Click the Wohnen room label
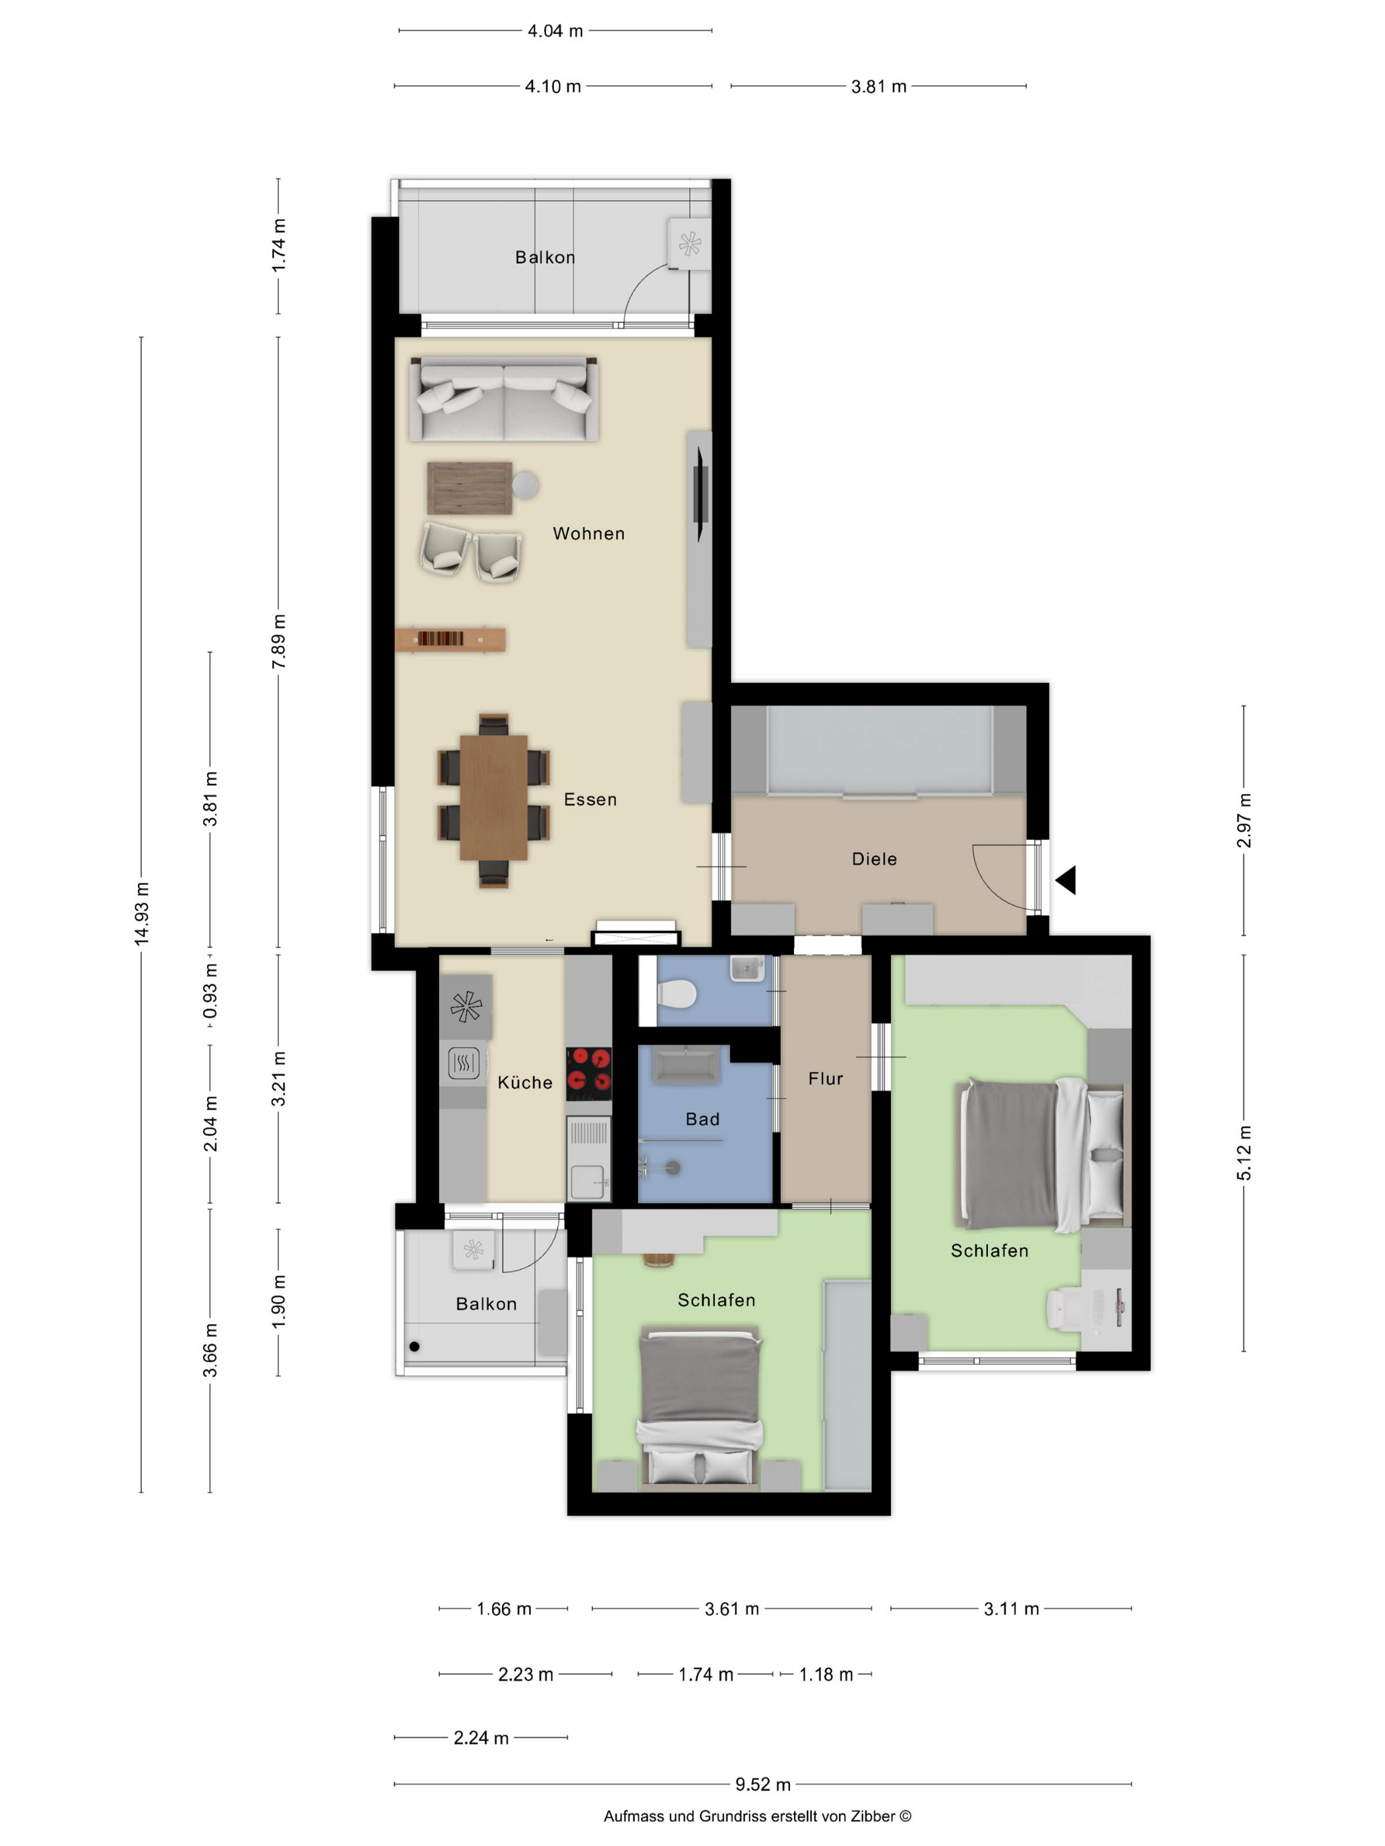(x=588, y=533)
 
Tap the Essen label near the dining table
(x=590, y=800)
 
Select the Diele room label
(x=874, y=859)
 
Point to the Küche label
(x=525, y=1083)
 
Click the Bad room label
(x=702, y=1119)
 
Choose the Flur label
(x=826, y=1079)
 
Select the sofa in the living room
(x=503, y=399)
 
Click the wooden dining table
(x=493, y=797)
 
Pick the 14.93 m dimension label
(x=142, y=914)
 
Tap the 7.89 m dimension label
(x=279, y=641)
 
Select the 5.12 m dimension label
(x=1244, y=1152)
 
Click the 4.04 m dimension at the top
(x=555, y=31)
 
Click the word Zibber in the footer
(x=873, y=1816)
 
